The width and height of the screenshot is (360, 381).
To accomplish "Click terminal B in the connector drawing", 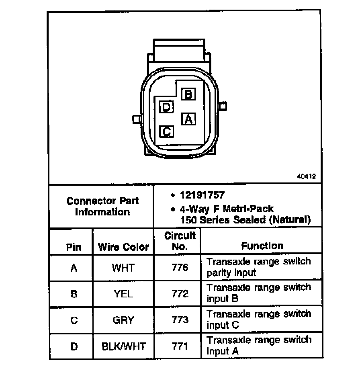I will coord(188,94).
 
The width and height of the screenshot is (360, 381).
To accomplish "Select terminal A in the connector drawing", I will coord(188,119).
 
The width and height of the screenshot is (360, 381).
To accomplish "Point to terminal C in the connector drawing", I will coord(166,131).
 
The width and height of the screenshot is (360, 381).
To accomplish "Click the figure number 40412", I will coord(306,176).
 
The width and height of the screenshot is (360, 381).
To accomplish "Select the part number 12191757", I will coord(202,195).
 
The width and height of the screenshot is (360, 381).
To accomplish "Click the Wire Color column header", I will coord(123,247).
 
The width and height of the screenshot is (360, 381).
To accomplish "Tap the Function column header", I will coord(262,246).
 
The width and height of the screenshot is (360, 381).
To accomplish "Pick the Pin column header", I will coord(74,247).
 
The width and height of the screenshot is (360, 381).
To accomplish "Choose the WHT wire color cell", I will coord(123,268).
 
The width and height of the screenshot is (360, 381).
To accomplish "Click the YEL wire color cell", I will coord(123,294).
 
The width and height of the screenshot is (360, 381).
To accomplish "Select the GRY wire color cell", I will coord(123,320).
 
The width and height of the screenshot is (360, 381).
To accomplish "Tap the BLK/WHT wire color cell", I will coord(123,346).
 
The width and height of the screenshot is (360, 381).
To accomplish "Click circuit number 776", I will coord(180,268).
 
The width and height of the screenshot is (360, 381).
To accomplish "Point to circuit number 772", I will coord(180,294).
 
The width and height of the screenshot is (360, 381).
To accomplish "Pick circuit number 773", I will coord(180,320).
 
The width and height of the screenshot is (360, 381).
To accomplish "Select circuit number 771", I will coord(180,346).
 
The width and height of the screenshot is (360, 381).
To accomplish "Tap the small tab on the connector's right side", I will coord(223,107).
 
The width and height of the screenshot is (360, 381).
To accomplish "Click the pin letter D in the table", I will coord(74,346).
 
